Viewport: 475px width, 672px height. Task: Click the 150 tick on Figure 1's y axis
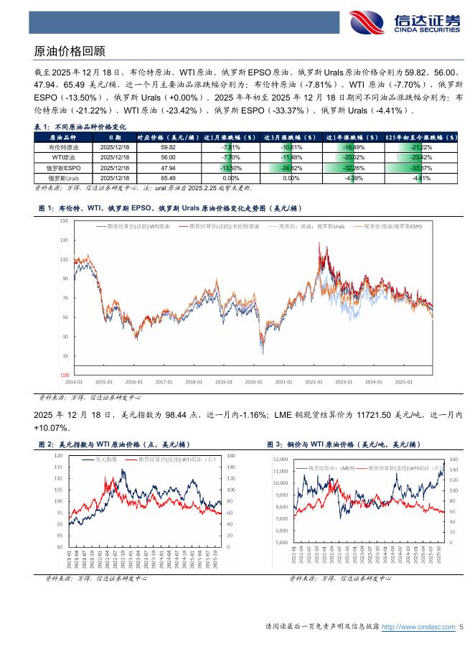pos(64,221)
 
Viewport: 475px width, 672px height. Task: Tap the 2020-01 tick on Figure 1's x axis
pos(253,383)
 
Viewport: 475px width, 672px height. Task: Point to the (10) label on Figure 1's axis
pos(64,375)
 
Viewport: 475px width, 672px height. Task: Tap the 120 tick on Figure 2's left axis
pos(57,455)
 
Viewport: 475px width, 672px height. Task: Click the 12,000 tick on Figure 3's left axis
pos(279,458)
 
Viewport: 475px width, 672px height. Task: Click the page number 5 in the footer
pos(461,627)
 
